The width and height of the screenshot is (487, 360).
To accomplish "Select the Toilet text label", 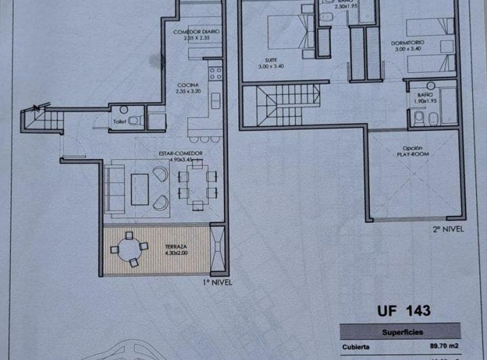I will tap(120, 122).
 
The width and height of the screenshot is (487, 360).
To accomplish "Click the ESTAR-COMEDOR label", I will tap(181, 153).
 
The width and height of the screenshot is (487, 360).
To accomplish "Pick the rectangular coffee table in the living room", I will tap(139, 189).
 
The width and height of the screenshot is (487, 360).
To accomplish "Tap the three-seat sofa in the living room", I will tap(114, 189).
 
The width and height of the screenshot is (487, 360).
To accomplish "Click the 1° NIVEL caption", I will tap(216, 282).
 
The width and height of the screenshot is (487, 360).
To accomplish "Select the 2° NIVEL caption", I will tap(449, 229).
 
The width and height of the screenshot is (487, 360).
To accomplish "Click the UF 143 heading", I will tap(403, 311).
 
